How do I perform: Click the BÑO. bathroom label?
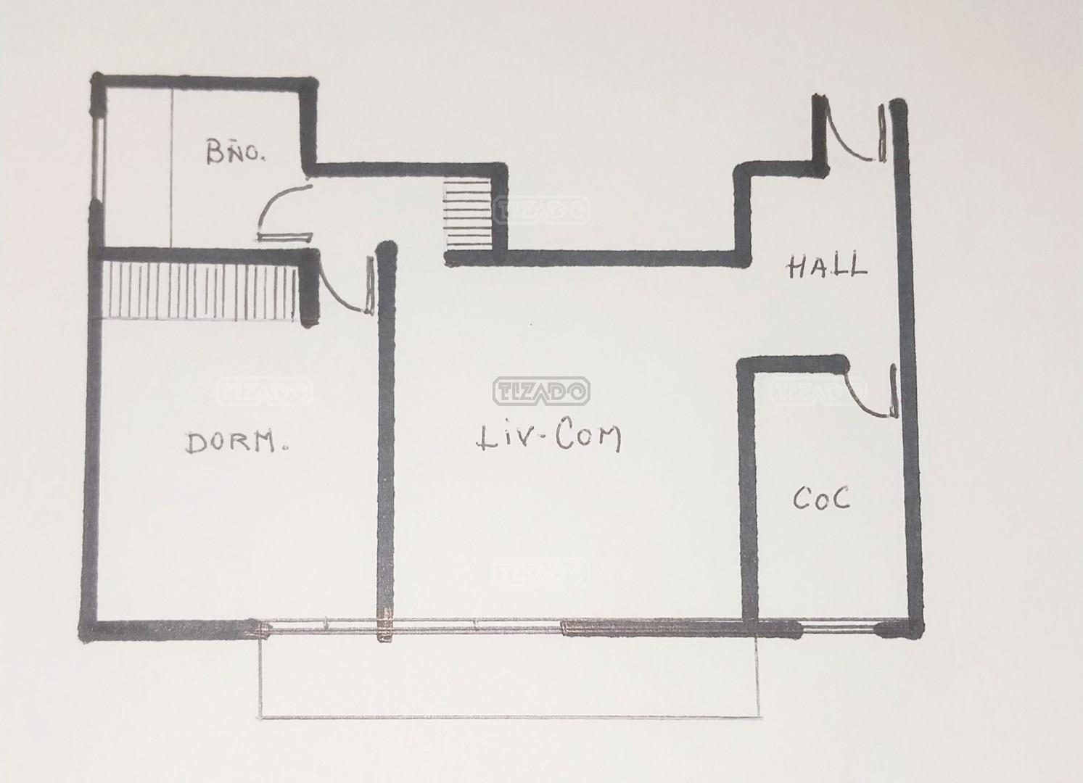pos(236,151)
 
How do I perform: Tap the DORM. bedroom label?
pos(237,442)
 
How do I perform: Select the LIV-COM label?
pos(549,438)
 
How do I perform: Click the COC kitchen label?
pos(821,498)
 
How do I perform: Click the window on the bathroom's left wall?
pos(99,159)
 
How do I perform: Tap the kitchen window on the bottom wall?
pos(839,629)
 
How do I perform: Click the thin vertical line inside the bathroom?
pos(172,167)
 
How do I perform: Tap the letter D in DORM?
pos(194,444)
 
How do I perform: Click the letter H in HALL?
pos(796,268)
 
